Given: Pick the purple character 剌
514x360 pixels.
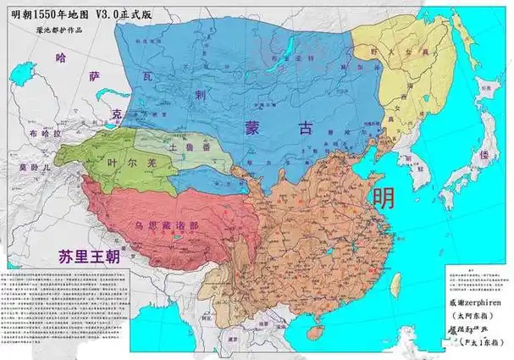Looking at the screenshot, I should (x=201, y=95).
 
